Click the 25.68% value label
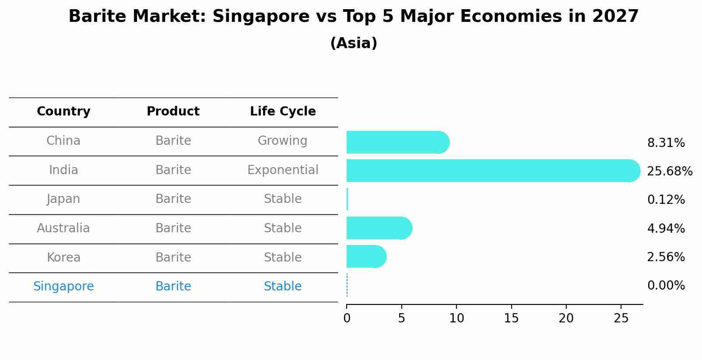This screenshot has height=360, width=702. click(669, 171)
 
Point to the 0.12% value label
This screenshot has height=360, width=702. click(666, 200)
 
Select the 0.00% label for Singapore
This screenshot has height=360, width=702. click(666, 286)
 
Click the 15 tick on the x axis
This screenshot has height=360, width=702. click(511, 318)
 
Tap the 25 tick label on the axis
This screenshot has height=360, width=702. click(621, 318)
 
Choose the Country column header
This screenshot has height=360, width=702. click(63, 112)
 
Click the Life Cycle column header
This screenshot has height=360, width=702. click(283, 112)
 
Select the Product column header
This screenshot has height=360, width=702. click(173, 112)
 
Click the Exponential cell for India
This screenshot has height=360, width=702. click(283, 170)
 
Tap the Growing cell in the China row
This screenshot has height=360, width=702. click(282, 141)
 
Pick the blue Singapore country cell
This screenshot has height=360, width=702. click(63, 287)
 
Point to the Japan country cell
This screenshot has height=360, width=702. click(63, 199)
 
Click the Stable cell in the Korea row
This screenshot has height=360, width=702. click(282, 257)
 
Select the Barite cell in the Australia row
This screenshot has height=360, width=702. click(173, 228)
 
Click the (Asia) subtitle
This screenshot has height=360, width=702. click(354, 43)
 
